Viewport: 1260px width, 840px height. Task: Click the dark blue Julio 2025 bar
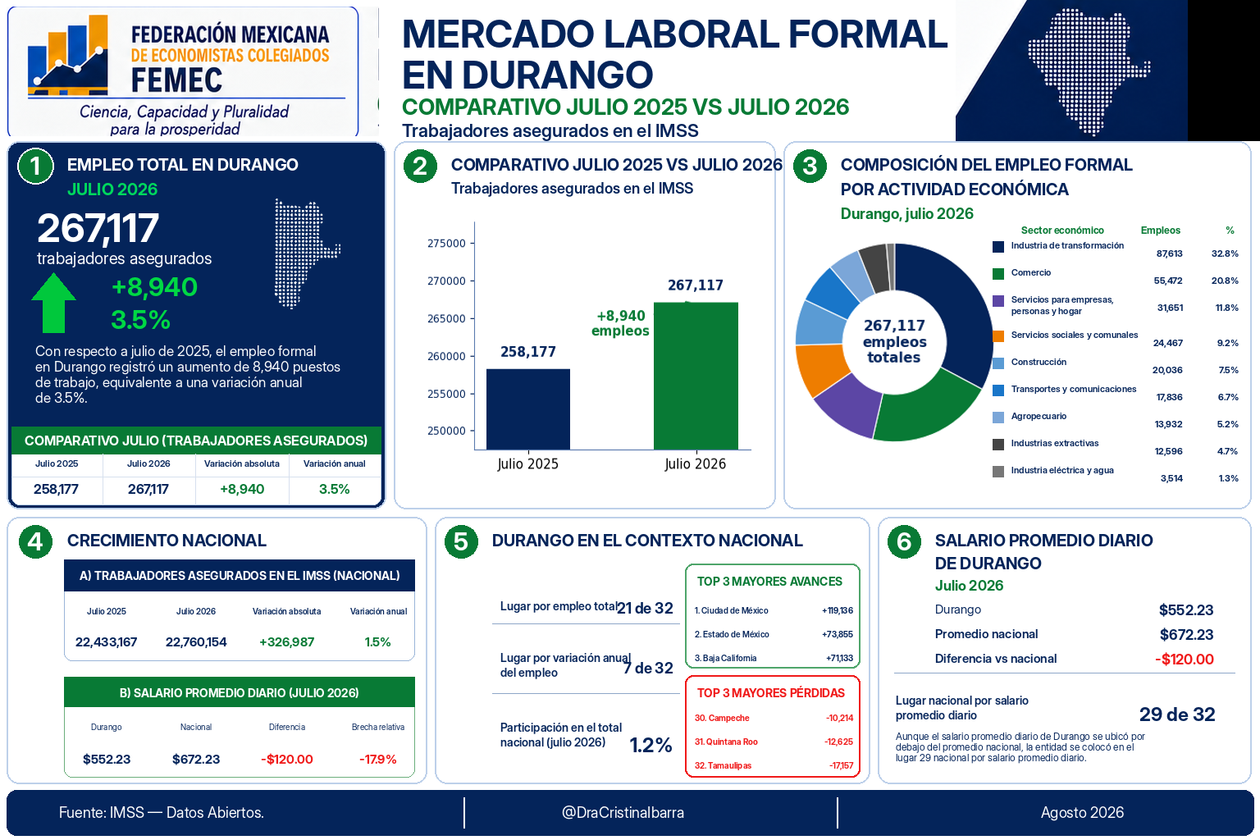[527, 409]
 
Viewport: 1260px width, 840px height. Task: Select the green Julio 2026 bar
[696, 376]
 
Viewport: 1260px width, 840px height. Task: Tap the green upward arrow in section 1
[53, 303]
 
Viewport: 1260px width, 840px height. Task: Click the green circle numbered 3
[810, 166]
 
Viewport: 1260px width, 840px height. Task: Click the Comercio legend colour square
[997, 273]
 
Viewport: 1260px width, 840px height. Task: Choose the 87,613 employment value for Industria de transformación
[1169, 253]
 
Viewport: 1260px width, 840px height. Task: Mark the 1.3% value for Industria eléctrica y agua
[1228, 478]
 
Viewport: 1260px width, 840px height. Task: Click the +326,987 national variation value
[286, 642]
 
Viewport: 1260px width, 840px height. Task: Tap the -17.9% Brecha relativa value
[377, 759]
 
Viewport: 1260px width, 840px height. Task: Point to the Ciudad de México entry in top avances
[731, 610]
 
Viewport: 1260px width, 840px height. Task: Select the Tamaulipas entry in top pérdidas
[723, 765]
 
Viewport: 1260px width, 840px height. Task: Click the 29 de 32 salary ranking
[1177, 714]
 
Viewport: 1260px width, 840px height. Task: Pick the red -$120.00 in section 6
[1184, 659]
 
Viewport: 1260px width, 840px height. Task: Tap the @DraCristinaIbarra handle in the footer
[623, 812]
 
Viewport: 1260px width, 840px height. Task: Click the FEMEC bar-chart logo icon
[68, 55]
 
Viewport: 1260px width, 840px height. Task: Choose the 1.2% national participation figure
[651, 745]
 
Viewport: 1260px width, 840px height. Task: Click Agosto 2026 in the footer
[1082, 812]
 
